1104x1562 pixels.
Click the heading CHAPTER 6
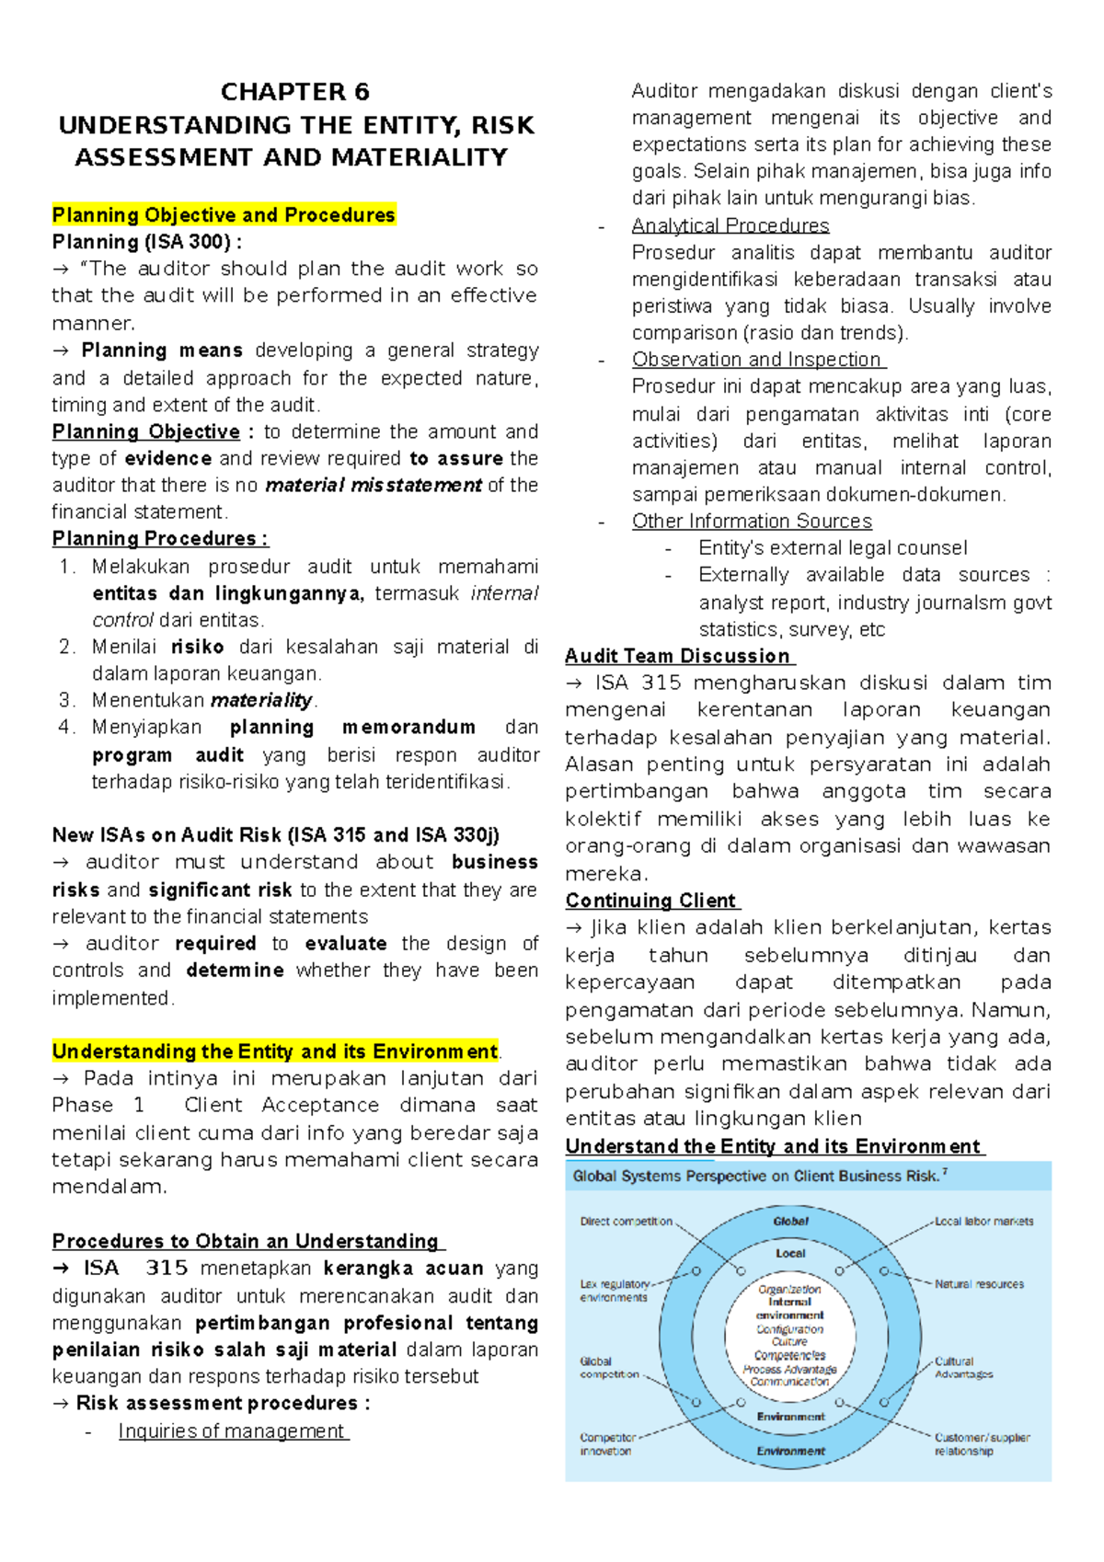click(x=294, y=92)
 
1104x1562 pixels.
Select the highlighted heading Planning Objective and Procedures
click(x=224, y=215)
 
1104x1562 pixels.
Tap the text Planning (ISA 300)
click(x=142, y=242)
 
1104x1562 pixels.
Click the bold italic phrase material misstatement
click(x=374, y=485)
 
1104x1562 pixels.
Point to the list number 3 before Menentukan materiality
click(x=65, y=700)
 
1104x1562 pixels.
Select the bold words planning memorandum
click(x=352, y=728)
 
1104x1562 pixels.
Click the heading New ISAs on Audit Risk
click(x=275, y=835)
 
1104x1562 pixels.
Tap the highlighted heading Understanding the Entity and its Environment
click(x=274, y=1051)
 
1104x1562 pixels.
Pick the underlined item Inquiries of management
click(x=232, y=1431)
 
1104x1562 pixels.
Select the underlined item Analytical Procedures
click(x=730, y=225)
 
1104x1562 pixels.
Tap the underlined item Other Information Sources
click(x=751, y=521)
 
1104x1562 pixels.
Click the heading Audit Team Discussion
click(x=678, y=656)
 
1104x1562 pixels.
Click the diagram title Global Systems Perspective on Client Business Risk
click(x=759, y=1176)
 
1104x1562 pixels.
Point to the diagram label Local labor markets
click(x=983, y=1222)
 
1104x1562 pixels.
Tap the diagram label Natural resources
click(x=979, y=1284)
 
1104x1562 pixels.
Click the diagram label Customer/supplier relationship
click(x=981, y=1444)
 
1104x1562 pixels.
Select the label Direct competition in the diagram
click(x=626, y=1222)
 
